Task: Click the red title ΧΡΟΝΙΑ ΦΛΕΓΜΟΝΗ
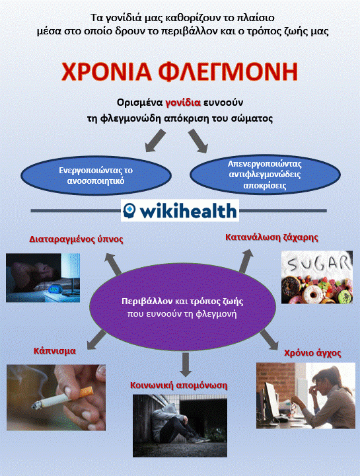pyautogui.click(x=180, y=71)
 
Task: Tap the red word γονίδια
pyautogui.click(x=183, y=102)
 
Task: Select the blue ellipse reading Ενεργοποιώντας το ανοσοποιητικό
pyautogui.click(x=96, y=175)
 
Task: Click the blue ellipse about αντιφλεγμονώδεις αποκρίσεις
pyautogui.click(x=265, y=175)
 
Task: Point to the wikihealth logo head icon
pyautogui.click(x=129, y=210)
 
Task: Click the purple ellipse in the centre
pyautogui.click(x=182, y=307)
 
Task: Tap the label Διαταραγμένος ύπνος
pyautogui.click(x=76, y=239)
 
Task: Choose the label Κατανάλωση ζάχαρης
pyautogui.click(x=271, y=237)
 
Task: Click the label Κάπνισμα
pyautogui.click(x=55, y=351)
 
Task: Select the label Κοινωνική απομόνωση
pyautogui.click(x=178, y=385)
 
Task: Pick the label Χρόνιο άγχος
pyautogui.click(x=312, y=353)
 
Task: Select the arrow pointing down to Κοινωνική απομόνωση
pyautogui.click(x=185, y=364)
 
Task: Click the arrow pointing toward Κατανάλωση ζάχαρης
pyautogui.click(x=246, y=260)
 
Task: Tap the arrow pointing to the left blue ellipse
pyautogui.click(x=155, y=140)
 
